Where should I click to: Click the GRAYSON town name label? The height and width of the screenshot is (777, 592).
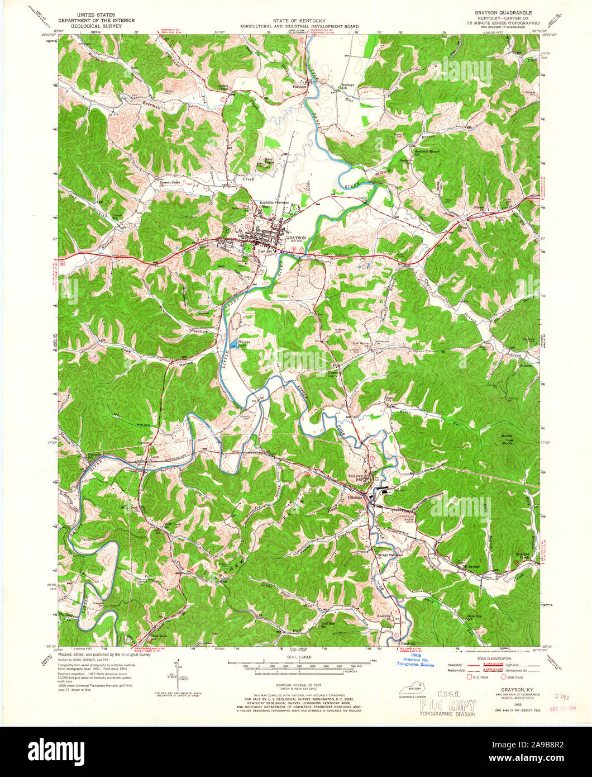pos(297,238)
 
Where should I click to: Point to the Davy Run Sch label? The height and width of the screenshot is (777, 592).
pos(474,617)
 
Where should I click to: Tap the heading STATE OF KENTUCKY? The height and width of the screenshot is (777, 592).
pos(296,20)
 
